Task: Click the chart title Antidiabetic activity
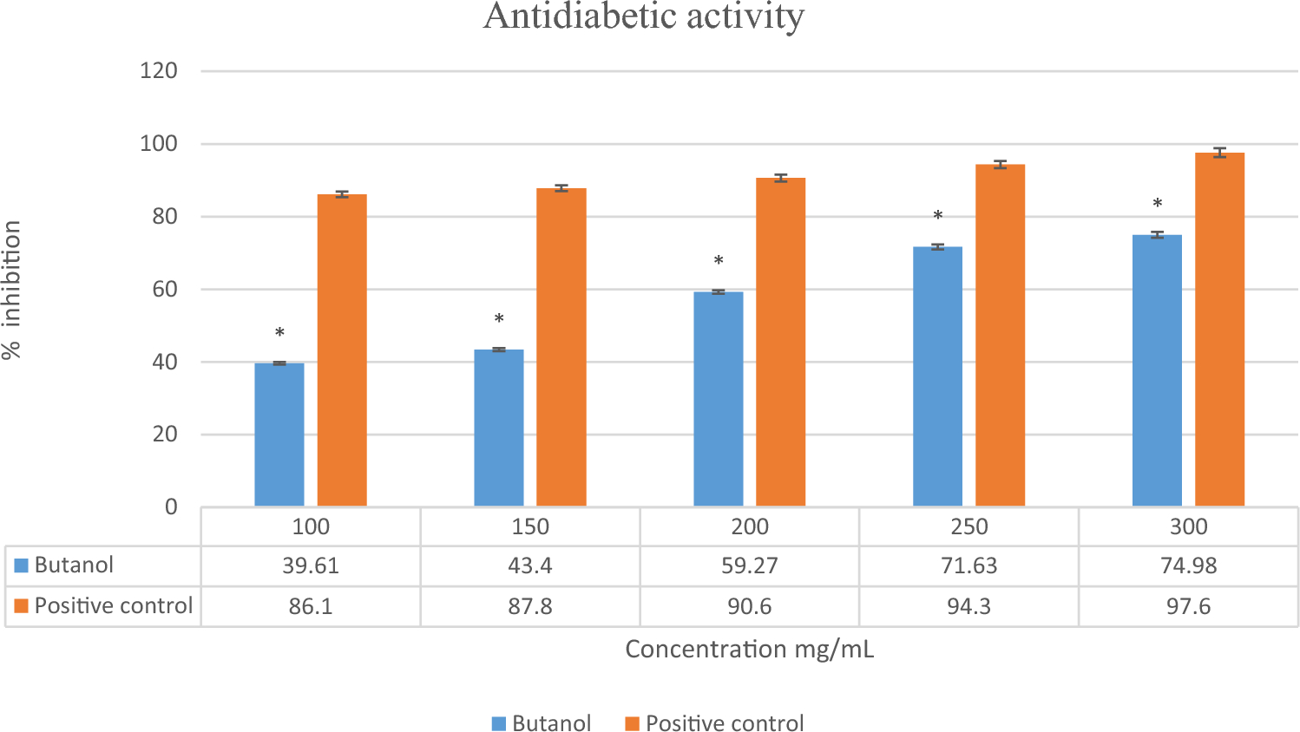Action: click(643, 16)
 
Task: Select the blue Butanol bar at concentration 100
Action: click(279, 434)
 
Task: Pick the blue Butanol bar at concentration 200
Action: click(718, 398)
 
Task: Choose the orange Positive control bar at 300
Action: click(1219, 329)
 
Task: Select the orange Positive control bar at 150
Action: click(561, 347)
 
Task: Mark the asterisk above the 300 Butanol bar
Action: click(1157, 205)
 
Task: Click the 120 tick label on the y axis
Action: click(159, 71)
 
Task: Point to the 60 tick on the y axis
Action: click(165, 290)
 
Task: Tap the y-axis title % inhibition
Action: click(12, 289)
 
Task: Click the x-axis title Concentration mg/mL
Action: click(749, 650)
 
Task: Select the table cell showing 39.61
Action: click(310, 566)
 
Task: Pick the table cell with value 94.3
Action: click(968, 606)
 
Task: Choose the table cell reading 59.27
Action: click(749, 566)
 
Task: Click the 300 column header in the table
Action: click(1188, 526)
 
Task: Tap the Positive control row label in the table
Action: click(113, 605)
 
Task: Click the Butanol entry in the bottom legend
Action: click(542, 723)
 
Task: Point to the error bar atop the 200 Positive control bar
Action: click(780, 178)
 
